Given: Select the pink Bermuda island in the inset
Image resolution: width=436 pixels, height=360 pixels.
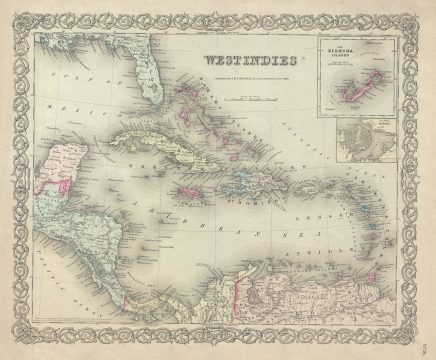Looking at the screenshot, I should click(360, 95).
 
